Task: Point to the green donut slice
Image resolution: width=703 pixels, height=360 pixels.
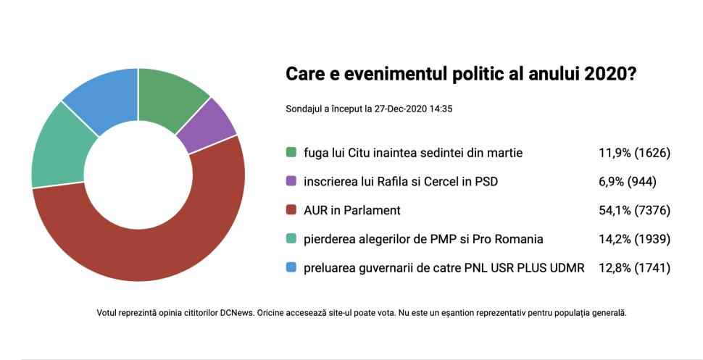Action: click(170, 98)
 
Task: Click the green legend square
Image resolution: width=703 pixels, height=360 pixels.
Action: click(291, 153)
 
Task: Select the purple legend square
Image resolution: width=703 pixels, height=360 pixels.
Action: click(291, 182)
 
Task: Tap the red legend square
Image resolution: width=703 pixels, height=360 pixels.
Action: click(291, 211)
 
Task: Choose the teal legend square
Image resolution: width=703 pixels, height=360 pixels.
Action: click(291, 239)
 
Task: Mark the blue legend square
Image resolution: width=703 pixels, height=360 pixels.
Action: click(291, 268)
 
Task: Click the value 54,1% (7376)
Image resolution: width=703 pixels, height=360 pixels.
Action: click(630, 211)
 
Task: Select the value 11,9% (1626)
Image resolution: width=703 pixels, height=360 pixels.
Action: click(630, 153)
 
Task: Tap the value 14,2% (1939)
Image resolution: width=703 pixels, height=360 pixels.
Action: click(630, 239)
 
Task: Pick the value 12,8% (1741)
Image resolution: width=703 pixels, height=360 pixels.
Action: click(630, 268)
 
